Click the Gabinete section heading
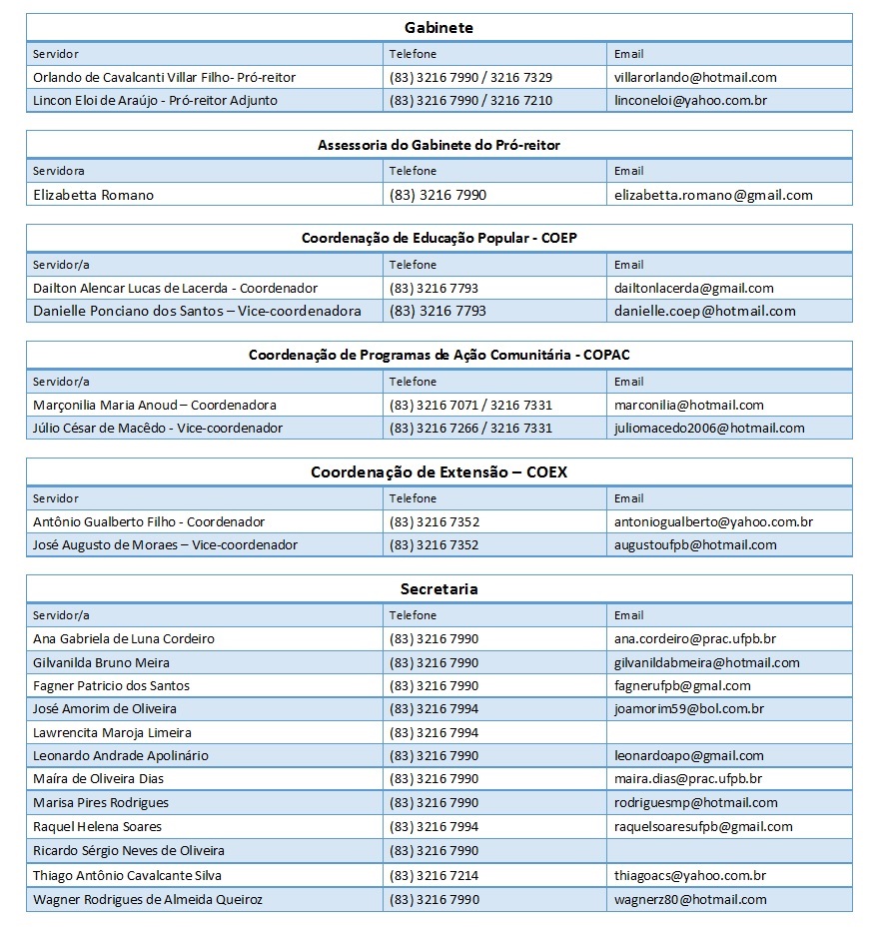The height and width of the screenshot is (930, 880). point(439,28)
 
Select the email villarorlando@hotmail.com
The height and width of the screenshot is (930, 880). point(695,77)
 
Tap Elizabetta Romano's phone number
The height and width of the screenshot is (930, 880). point(438,195)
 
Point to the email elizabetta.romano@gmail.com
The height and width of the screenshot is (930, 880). point(713,195)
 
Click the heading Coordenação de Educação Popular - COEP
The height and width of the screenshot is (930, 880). point(439,238)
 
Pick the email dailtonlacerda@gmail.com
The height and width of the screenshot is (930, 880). point(693,288)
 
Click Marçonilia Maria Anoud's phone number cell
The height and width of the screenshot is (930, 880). point(470,405)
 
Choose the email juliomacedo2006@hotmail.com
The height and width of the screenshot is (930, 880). point(709,428)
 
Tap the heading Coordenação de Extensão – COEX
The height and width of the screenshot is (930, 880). point(439,471)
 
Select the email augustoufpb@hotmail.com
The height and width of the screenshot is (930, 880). point(695,544)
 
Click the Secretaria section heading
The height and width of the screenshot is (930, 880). point(439,588)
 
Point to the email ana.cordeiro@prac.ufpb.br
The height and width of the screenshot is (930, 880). point(695,638)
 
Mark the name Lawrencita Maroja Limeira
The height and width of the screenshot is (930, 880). point(112,732)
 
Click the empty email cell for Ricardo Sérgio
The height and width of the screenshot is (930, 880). point(729,851)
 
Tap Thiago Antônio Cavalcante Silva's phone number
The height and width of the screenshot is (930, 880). point(434,875)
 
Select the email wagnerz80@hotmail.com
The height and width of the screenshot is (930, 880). point(690,899)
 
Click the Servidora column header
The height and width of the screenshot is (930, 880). point(59,171)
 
